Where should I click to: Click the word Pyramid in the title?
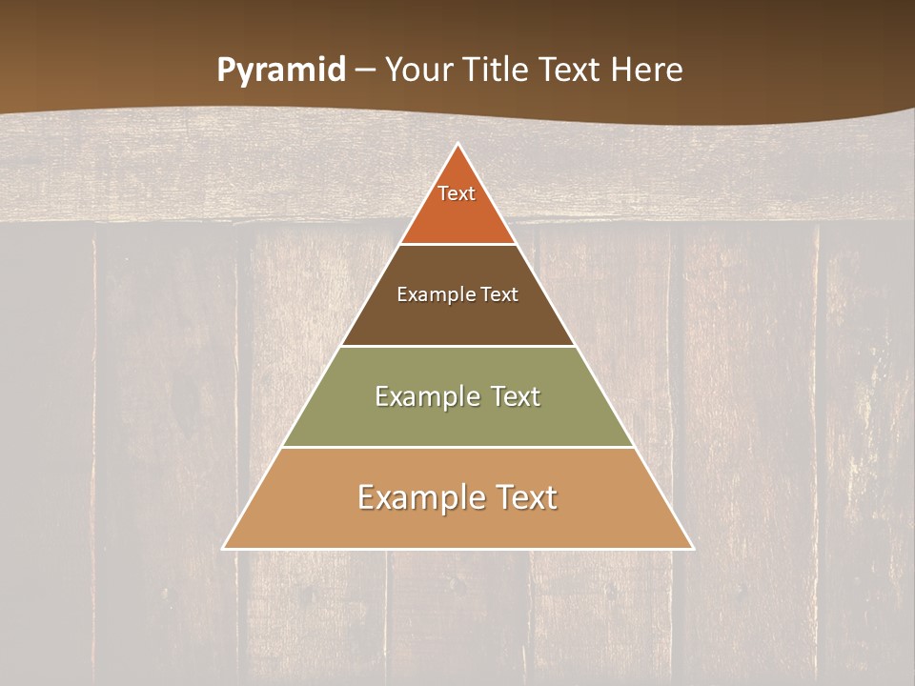(x=280, y=71)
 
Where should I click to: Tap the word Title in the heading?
(x=497, y=70)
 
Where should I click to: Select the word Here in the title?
(x=647, y=70)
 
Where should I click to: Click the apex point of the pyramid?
(x=458, y=144)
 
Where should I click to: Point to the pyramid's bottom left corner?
(x=224, y=548)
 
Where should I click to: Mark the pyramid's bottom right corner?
(x=693, y=548)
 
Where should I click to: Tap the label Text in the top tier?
(x=457, y=193)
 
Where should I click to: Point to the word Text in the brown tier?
(x=499, y=294)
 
